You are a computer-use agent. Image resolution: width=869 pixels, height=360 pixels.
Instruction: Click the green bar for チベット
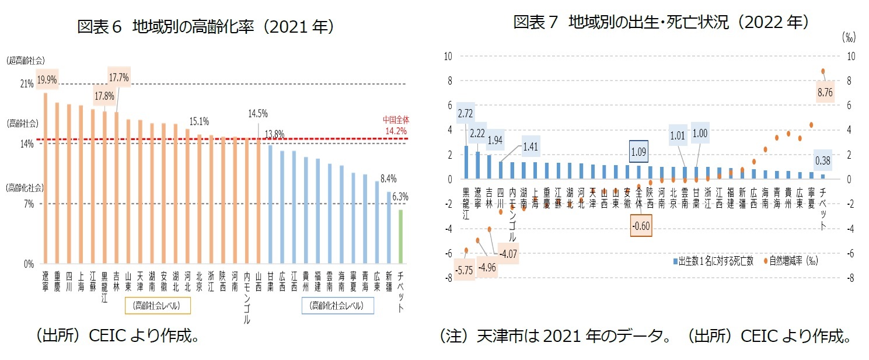(x=400, y=236)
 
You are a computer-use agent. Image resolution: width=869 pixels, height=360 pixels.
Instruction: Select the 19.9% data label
(x=47, y=81)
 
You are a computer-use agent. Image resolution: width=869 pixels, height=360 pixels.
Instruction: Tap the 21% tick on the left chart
(x=27, y=84)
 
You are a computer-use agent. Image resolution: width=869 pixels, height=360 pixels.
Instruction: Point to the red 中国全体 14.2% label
(x=396, y=125)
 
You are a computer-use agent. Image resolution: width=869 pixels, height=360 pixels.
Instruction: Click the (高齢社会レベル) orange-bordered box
(x=159, y=305)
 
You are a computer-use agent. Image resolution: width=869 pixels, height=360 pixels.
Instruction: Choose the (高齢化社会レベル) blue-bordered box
(x=337, y=305)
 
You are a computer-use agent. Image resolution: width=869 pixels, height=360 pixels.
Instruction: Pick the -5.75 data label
(x=466, y=271)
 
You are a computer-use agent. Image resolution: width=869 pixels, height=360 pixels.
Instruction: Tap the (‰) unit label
(x=848, y=37)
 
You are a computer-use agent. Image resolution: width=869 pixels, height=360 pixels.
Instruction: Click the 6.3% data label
(x=400, y=197)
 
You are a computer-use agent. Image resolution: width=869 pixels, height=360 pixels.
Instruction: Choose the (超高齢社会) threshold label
(x=26, y=60)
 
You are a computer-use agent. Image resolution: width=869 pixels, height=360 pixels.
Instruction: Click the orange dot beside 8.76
(x=823, y=71)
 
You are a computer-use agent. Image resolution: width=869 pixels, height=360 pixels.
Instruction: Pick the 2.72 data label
(x=465, y=113)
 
